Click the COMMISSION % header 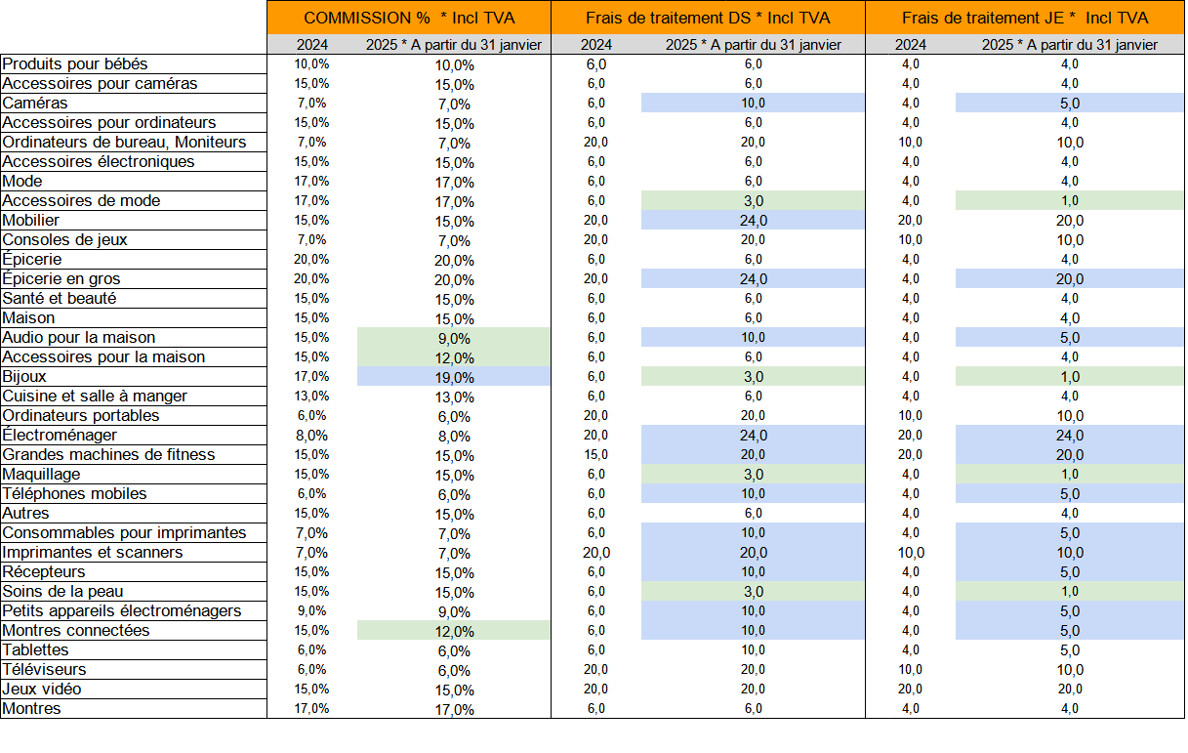click(x=366, y=18)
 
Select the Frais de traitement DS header click(x=669, y=18)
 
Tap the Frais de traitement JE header click(x=983, y=18)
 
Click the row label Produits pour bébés click(x=75, y=64)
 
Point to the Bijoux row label click(x=24, y=377)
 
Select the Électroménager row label click(x=60, y=436)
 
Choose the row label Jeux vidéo click(x=42, y=690)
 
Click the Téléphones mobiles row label click(x=74, y=494)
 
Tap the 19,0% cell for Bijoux click(x=454, y=377)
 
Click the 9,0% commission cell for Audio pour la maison click(x=454, y=338)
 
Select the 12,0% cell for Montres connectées click(x=454, y=631)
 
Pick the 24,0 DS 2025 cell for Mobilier click(x=753, y=221)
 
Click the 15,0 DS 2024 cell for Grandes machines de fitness click(x=596, y=455)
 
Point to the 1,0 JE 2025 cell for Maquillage click(x=1070, y=475)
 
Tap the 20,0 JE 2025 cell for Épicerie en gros click(x=1070, y=279)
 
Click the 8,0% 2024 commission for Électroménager click(x=311, y=436)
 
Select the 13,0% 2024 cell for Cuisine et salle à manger click(x=311, y=397)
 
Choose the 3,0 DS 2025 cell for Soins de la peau click(x=753, y=592)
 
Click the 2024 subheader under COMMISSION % click(x=311, y=45)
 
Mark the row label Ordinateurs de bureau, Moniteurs click(x=124, y=143)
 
